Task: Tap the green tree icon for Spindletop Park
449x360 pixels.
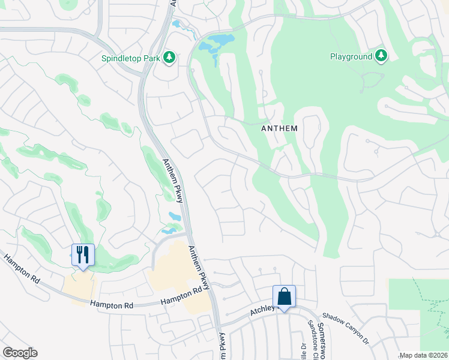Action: click(x=170, y=57)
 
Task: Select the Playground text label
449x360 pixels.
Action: click(x=351, y=57)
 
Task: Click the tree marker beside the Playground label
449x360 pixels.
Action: click(x=381, y=56)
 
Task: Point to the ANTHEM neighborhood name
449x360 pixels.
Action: click(x=280, y=128)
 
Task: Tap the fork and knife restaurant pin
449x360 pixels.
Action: click(x=83, y=254)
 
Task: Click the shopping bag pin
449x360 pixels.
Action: click(x=284, y=296)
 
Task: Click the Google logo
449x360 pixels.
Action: click(x=20, y=353)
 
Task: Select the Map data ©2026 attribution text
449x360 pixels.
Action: click(x=423, y=355)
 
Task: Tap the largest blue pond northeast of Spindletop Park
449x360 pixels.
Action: click(x=217, y=43)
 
